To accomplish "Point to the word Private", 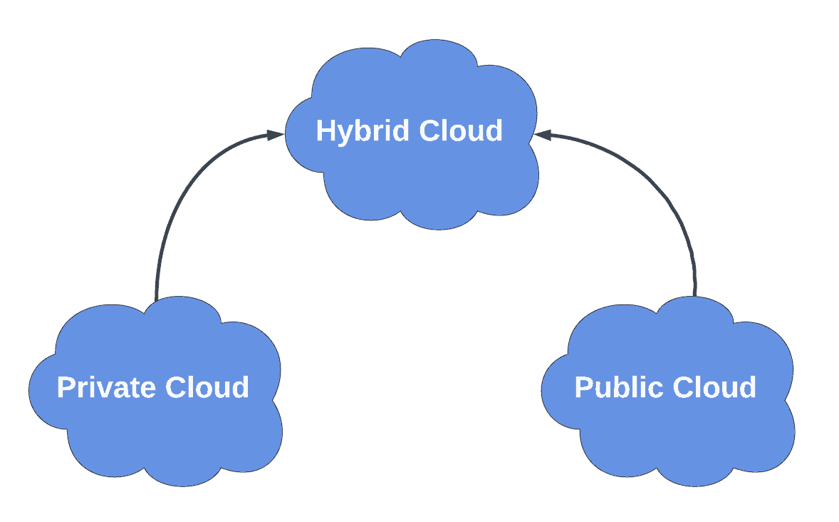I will click(x=107, y=388).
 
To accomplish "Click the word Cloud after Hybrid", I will click(x=461, y=131).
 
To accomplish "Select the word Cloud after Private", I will click(x=207, y=388).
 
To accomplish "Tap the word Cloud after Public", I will click(x=714, y=388).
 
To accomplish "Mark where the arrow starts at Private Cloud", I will click(x=157, y=297).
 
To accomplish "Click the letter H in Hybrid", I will click(x=325, y=131).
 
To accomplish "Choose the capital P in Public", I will click(x=583, y=388).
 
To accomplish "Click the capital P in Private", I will click(x=66, y=388).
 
